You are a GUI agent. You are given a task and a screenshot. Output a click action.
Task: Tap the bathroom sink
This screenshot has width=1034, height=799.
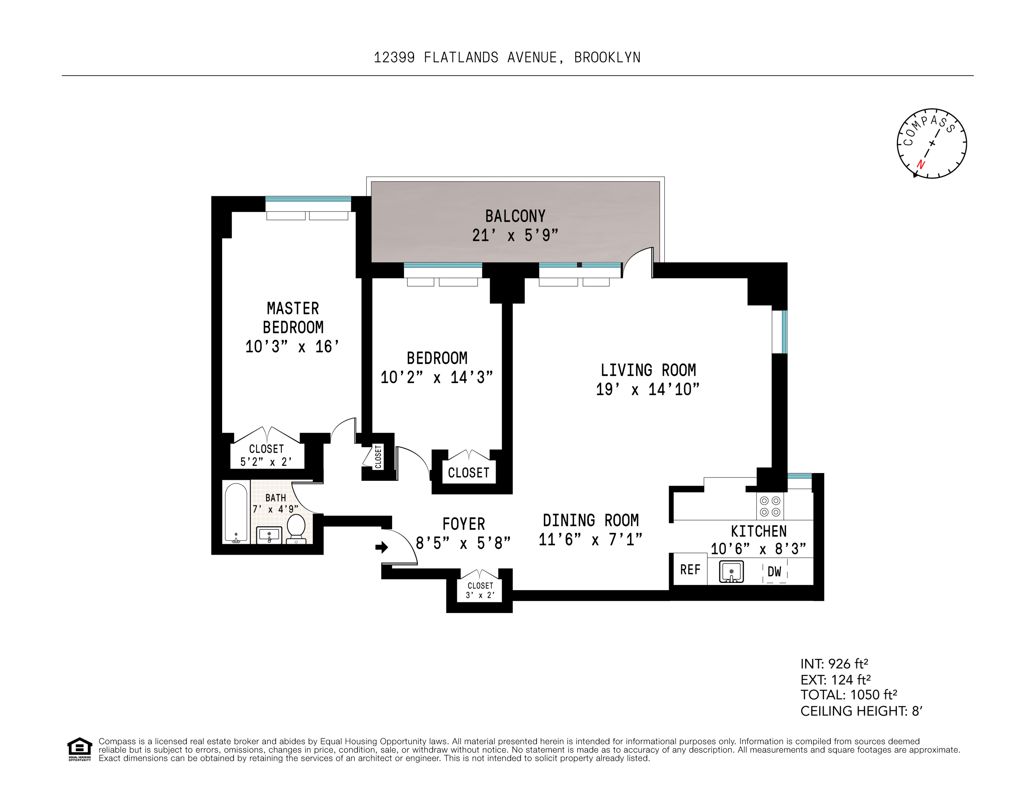(x=269, y=535)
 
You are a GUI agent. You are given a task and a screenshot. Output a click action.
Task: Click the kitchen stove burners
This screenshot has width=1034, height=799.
(x=770, y=506)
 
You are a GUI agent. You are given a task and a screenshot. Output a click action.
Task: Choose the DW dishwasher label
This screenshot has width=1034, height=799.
(x=774, y=572)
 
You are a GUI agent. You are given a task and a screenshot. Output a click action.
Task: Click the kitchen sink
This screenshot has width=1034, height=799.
(x=731, y=571)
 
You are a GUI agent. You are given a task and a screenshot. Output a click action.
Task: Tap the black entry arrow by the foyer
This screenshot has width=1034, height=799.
(x=381, y=548)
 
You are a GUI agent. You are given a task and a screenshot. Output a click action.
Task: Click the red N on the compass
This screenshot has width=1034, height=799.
(x=921, y=164)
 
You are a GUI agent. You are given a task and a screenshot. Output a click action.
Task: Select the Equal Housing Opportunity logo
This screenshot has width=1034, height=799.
(x=79, y=749)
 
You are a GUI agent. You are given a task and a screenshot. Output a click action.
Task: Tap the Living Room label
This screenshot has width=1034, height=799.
(x=648, y=370)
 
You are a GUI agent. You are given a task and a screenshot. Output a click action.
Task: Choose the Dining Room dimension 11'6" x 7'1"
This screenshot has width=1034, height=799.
(x=590, y=539)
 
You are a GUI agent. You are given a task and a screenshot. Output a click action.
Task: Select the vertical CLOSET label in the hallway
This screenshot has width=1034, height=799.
(x=378, y=457)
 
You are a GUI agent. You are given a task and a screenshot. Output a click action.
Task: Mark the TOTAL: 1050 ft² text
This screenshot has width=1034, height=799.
(x=848, y=695)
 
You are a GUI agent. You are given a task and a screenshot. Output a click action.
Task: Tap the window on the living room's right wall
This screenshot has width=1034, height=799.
(x=780, y=332)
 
